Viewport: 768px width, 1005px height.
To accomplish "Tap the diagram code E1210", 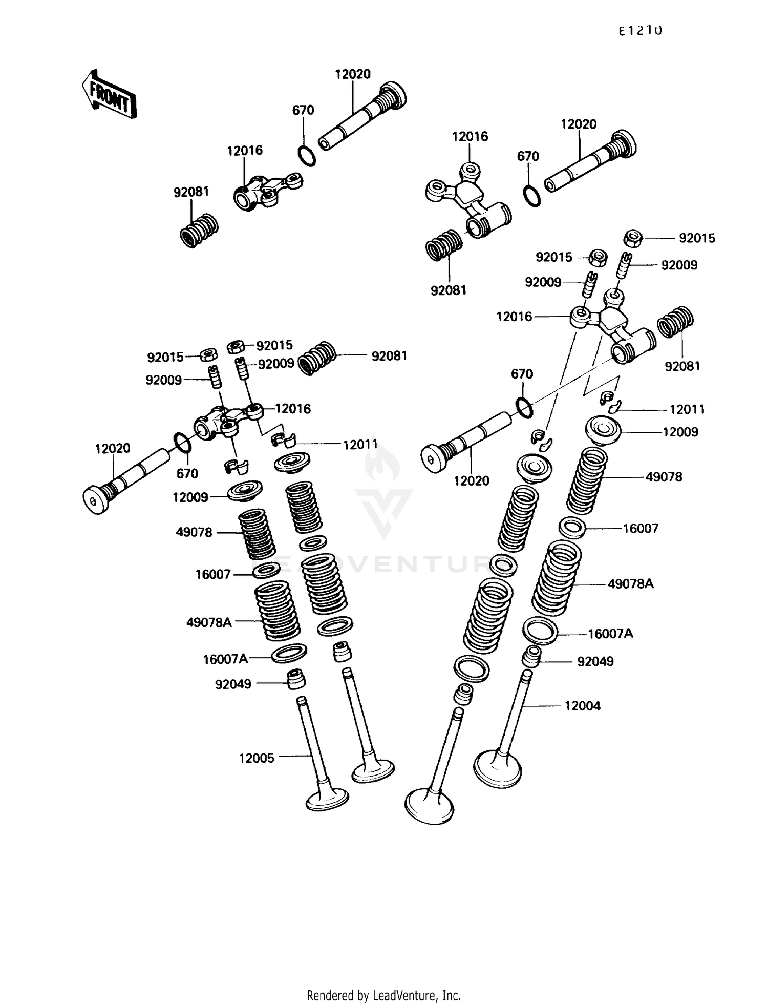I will (640, 31).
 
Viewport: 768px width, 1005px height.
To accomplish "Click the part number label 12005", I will (257, 758).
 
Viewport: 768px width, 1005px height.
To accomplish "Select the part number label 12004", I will (582, 706).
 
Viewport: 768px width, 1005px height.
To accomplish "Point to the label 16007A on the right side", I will (610, 634).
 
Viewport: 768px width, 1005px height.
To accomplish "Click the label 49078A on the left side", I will (209, 622).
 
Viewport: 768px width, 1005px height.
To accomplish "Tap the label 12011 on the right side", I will (687, 409).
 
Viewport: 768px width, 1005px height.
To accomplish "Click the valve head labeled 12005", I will (327, 800).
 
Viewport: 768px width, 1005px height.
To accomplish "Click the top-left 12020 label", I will (353, 74).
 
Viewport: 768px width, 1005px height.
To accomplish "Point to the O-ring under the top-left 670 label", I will (306, 156).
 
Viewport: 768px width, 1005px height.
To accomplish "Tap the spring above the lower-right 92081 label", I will (675, 323).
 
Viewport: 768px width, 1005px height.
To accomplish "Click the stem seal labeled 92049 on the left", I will (295, 680).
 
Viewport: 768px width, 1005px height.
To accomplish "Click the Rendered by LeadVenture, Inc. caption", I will (383, 995).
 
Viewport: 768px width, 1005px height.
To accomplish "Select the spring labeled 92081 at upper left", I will (199, 231).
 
